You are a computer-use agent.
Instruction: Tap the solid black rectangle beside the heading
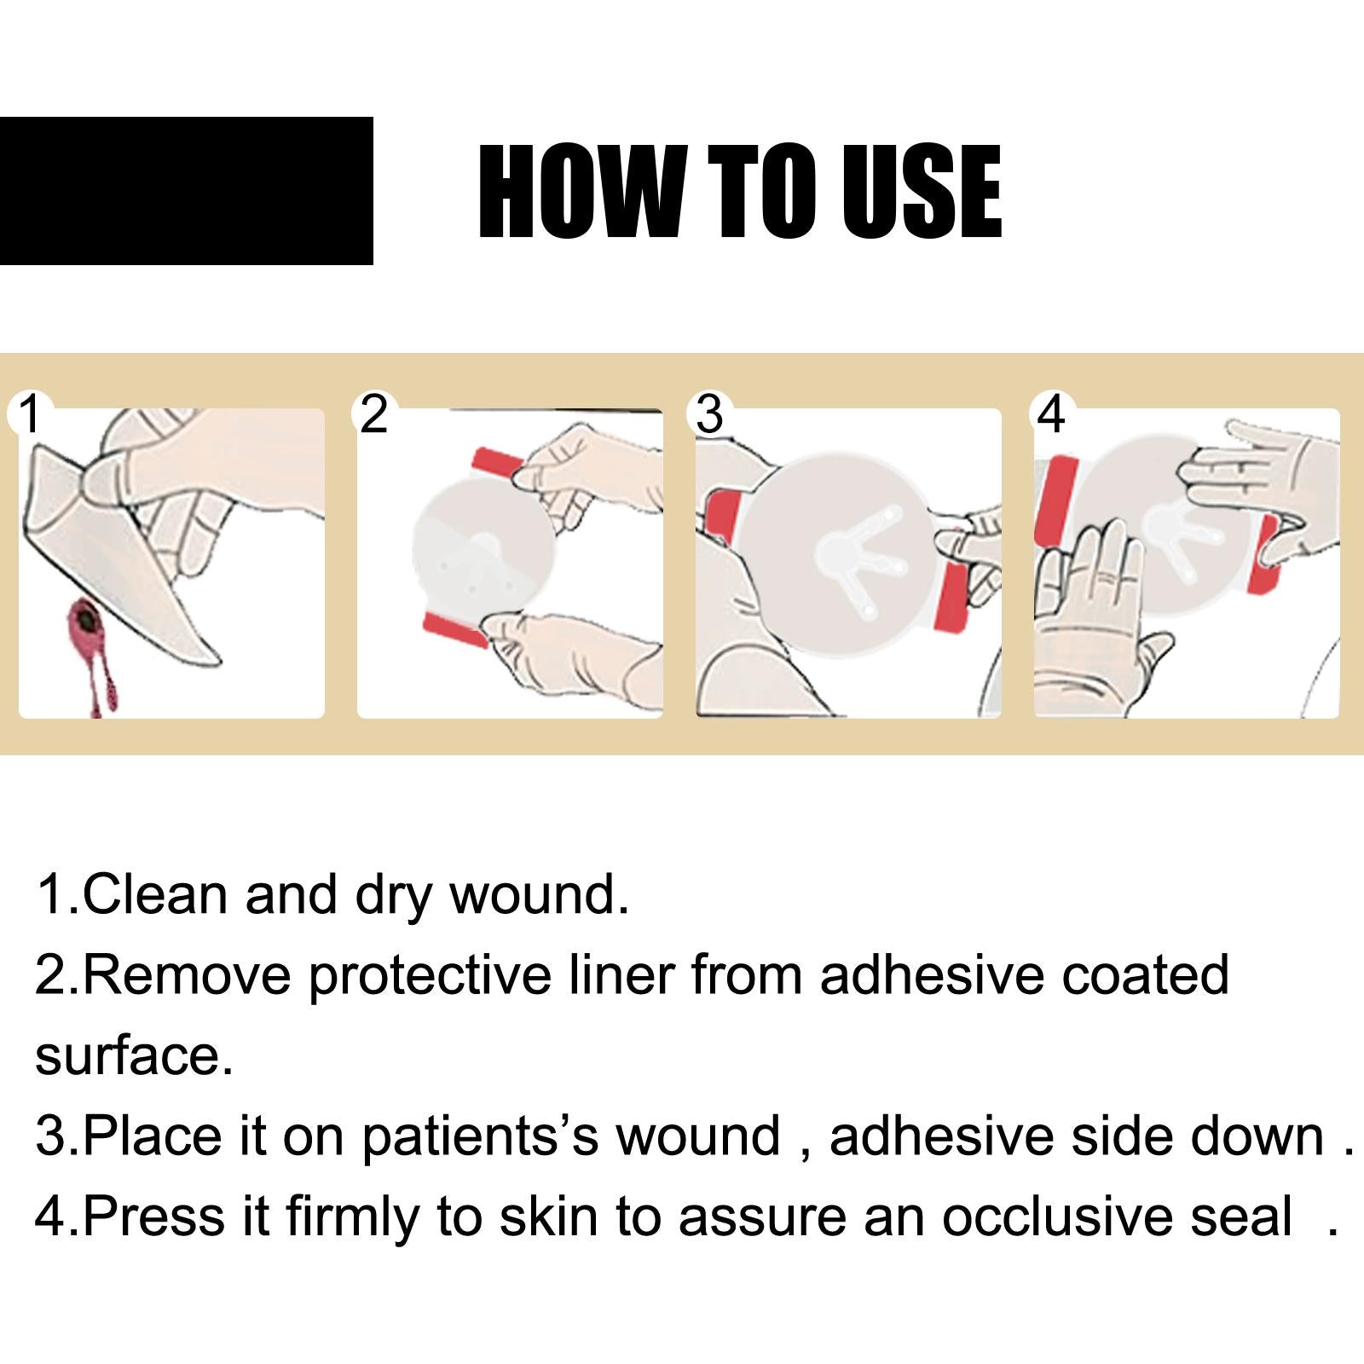pyautogui.click(x=186, y=191)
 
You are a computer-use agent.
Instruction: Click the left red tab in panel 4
pyautogui.click(x=1051, y=500)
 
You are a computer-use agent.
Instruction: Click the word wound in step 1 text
pyautogui.click(x=538, y=894)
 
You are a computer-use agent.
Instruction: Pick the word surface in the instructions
pyautogui.click(x=133, y=1055)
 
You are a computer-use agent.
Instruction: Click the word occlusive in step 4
pyautogui.click(x=1117, y=1217)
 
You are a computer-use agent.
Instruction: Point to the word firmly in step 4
pyautogui.click(x=352, y=1217)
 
